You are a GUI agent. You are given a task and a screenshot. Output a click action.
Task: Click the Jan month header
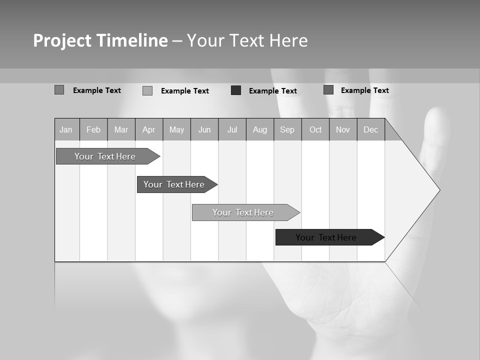[66, 130]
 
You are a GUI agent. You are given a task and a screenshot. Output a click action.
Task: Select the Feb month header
[93, 130]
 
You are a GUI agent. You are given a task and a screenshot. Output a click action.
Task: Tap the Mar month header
[121, 130]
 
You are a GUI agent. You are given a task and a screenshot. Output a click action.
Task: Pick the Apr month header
[148, 130]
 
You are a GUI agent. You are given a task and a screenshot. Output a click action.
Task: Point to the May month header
[176, 130]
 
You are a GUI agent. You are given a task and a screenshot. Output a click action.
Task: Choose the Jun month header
[204, 130]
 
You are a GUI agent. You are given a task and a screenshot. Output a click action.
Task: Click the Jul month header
[232, 130]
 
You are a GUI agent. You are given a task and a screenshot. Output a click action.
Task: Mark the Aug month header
[260, 130]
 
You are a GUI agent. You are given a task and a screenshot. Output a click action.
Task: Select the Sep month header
[287, 130]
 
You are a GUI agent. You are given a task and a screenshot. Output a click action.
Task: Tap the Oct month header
[315, 130]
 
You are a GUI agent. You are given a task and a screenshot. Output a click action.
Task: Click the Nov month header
[343, 130]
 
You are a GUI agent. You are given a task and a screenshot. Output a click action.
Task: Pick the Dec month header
[371, 130]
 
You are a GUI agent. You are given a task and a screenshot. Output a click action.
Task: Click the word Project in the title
[62, 40]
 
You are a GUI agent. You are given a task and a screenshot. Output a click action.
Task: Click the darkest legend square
[236, 90]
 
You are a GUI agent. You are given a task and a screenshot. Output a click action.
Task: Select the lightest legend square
[147, 90]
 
